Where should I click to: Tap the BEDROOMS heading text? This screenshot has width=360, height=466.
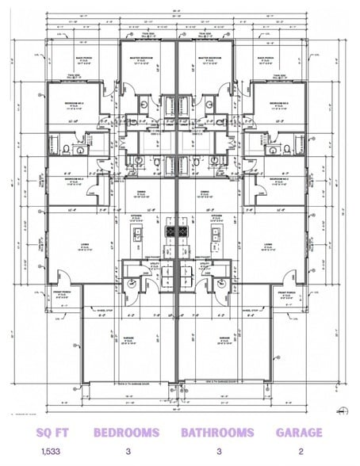point(126,433)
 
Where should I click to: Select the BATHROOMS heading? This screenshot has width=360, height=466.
point(217,433)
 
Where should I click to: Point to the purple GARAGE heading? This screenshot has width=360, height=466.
point(299,433)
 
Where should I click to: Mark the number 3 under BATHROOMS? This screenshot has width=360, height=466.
point(217,453)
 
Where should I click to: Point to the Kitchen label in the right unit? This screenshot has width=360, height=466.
point(216,216)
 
